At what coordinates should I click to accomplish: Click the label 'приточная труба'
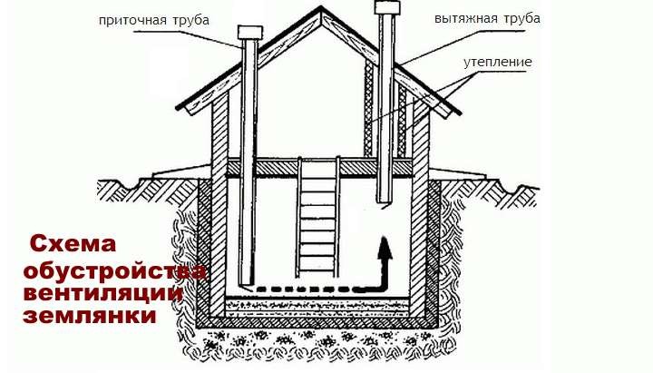pyautogui.click(x=153, y=20)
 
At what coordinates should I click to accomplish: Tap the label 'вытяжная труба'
pyautogui.click(x=487, y=19)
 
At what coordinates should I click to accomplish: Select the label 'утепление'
pyautogui.click(x=498, y=62)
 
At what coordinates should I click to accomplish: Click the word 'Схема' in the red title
pyautogui.click(x=73, y=243)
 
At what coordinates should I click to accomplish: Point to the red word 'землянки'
pyautogui.click(x=90, y=316)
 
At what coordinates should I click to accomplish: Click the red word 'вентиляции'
pyautogui.click(x=102, y=293)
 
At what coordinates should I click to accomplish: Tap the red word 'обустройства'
pyautogui.click(x=114, y=271)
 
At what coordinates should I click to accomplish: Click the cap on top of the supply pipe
pyautogui.click(x=250, y=33)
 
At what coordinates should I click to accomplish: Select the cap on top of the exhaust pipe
pyautogui.click(x=387, y=7)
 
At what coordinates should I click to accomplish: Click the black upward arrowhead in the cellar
pyautogui.click(x=385, y=248)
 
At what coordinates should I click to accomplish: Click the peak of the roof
pyautogui.click(x=321, y=6)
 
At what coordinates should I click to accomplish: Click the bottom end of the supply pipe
pyautogui.click(x=247, y=285)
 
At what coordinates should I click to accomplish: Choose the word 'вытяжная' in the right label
pyautogui.click(x=465, y=19)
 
